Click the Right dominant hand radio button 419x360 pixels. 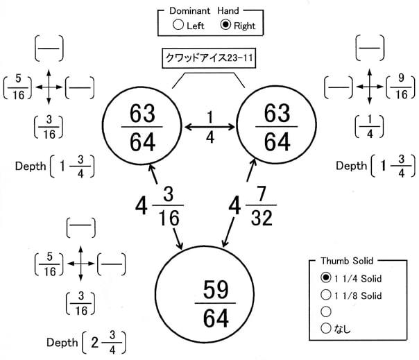(226, 26)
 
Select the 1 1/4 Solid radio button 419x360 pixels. (326, 277)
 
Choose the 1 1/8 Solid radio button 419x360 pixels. (326, 295)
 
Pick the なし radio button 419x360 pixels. (326, 328)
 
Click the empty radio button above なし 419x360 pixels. (326, 311)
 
